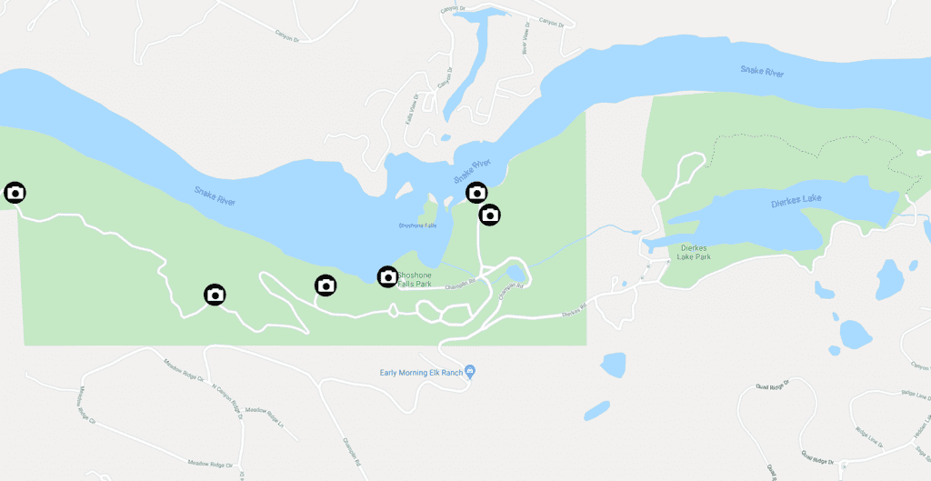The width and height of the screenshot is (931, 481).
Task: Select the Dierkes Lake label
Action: (795, 204)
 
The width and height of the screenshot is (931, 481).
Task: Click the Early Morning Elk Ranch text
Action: (420, 372)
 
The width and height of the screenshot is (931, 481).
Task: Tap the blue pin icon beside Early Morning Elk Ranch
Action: (470, 371)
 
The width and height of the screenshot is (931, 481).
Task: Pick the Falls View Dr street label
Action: (414, 108)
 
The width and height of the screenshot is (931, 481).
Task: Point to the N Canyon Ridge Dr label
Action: (223, 396)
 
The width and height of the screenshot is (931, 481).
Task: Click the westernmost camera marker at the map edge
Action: (15, 193)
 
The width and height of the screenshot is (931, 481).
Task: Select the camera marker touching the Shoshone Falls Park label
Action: (387, 276)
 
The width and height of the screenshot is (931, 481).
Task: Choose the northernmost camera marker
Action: (476, 192)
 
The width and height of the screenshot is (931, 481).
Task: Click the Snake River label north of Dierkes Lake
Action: (762, 71)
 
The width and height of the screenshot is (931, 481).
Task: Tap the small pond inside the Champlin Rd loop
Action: (516, 273)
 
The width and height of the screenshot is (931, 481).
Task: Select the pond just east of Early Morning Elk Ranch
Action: (613, 365)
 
